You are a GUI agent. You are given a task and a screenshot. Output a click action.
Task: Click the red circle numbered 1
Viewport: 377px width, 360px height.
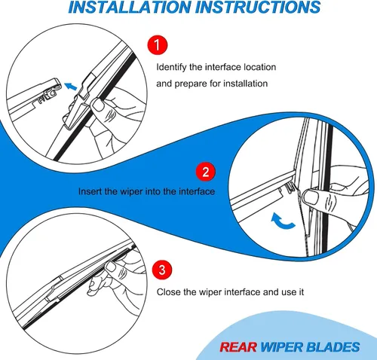click(158, 45)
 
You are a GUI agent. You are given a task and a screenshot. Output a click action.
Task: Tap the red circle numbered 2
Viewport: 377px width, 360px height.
click(206, 172)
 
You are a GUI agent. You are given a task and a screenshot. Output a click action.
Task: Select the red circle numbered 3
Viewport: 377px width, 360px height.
click(162, 270)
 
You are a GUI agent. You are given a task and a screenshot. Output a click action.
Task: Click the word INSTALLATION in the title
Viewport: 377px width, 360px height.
click(130, 7)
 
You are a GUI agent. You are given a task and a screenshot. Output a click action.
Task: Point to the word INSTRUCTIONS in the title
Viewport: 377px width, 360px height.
click(258, 7)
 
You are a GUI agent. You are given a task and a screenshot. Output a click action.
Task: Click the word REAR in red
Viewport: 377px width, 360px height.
click(238, 347)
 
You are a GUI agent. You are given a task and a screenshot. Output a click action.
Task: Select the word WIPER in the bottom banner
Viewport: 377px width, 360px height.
click(282, 347)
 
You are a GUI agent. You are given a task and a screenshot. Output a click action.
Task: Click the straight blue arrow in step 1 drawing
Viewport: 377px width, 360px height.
click(71, 86)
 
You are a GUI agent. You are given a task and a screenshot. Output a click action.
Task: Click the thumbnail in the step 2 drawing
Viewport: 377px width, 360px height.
click(311, 197)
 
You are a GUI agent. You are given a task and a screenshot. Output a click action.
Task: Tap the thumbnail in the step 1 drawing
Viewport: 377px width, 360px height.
click(97, 105)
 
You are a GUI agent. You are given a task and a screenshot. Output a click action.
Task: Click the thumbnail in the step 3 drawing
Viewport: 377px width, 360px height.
click(110, 267)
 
